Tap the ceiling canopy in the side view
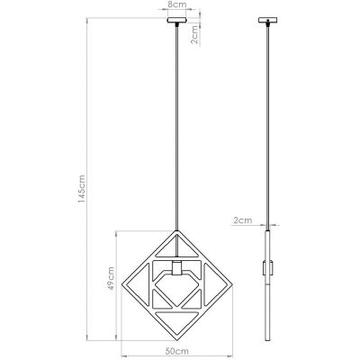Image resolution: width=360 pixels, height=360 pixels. tap(267, 21)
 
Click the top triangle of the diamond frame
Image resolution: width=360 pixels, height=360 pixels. tap(175, 247)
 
